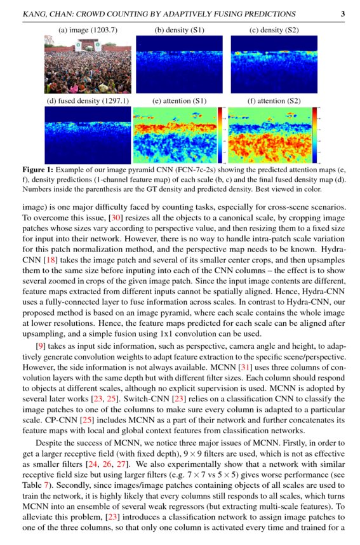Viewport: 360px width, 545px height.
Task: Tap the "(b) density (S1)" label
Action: [180, 30]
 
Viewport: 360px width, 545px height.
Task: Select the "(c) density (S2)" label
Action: [274, 30]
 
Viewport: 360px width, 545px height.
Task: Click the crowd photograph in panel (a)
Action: [86, 64]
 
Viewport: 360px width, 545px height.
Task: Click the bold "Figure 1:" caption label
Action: [37, 171]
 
